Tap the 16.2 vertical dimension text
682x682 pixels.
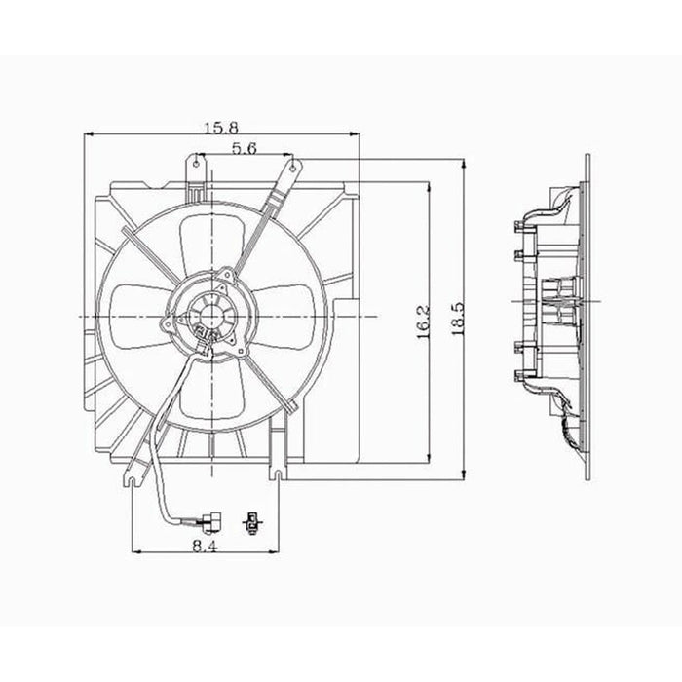[x=419, y=322]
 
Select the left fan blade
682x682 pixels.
[x=135, y=313]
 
